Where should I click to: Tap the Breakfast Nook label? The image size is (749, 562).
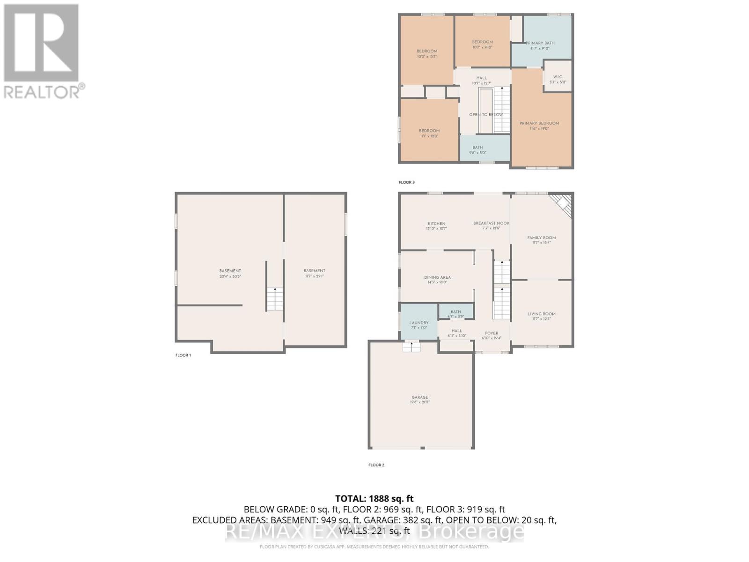click(491, 223)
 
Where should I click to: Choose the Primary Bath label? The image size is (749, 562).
click(540, 43)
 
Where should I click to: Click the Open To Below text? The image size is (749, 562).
click(486, 115)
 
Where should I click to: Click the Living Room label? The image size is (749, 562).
click(541, 314)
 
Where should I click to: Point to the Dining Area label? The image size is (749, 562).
click(437, 278)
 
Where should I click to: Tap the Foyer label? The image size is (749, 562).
click(492, 333)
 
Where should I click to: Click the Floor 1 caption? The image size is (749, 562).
click(183, 355)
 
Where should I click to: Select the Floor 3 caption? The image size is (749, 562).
click(406, 182)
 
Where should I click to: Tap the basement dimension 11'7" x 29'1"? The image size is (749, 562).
click(314, 276)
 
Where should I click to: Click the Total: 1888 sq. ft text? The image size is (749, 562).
click(374, 499)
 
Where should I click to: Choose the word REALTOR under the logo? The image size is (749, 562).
click(42, 92)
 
